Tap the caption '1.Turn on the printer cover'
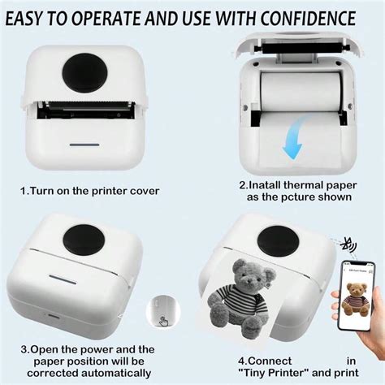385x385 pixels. coord(90,192)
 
